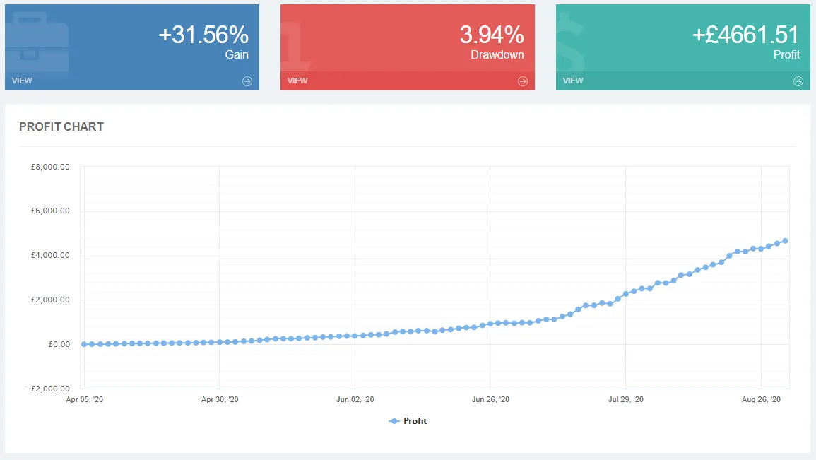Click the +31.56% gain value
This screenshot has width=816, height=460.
[203, 35]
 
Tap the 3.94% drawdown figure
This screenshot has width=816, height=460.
[492, 35]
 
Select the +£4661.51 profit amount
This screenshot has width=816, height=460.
[745, 35]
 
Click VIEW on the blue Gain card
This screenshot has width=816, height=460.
[22, 81]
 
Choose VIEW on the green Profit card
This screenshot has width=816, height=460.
[573, 81]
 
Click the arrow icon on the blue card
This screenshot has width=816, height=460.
[247, 81]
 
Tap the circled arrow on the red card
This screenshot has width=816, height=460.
[523, 81]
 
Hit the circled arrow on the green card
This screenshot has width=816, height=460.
[798, 81]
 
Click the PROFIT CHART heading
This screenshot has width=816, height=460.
[61, 127]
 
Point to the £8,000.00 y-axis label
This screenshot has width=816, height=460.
[50, 167]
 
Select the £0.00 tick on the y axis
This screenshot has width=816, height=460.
[59, 344]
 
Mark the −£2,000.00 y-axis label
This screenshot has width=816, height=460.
[48, 389]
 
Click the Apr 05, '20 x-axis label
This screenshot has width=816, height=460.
[84, 400]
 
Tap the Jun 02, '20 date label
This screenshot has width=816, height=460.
[355, 400]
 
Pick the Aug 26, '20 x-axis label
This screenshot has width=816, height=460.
[761, 400]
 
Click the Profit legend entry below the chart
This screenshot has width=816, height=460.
[408, 421]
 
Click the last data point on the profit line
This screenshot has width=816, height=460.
[785, 241]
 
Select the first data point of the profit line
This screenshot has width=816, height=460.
[84, 344]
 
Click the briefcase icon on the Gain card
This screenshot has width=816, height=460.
[37, 42]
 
